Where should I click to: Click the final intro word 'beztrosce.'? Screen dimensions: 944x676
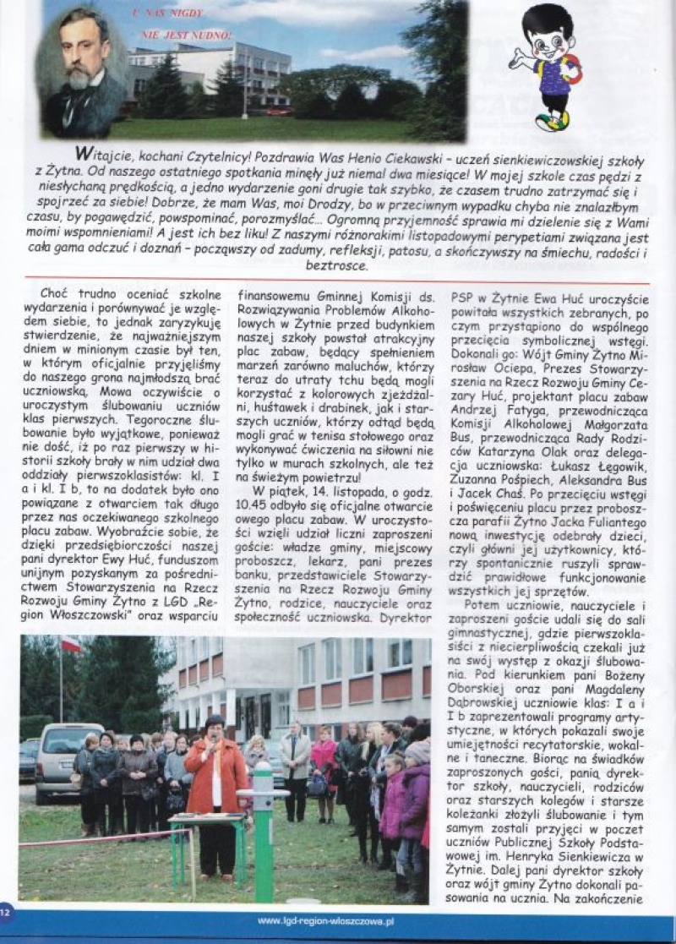337,265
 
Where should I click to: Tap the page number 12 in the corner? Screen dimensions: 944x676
8,911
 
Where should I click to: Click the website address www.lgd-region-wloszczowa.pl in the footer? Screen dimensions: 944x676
337,921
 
